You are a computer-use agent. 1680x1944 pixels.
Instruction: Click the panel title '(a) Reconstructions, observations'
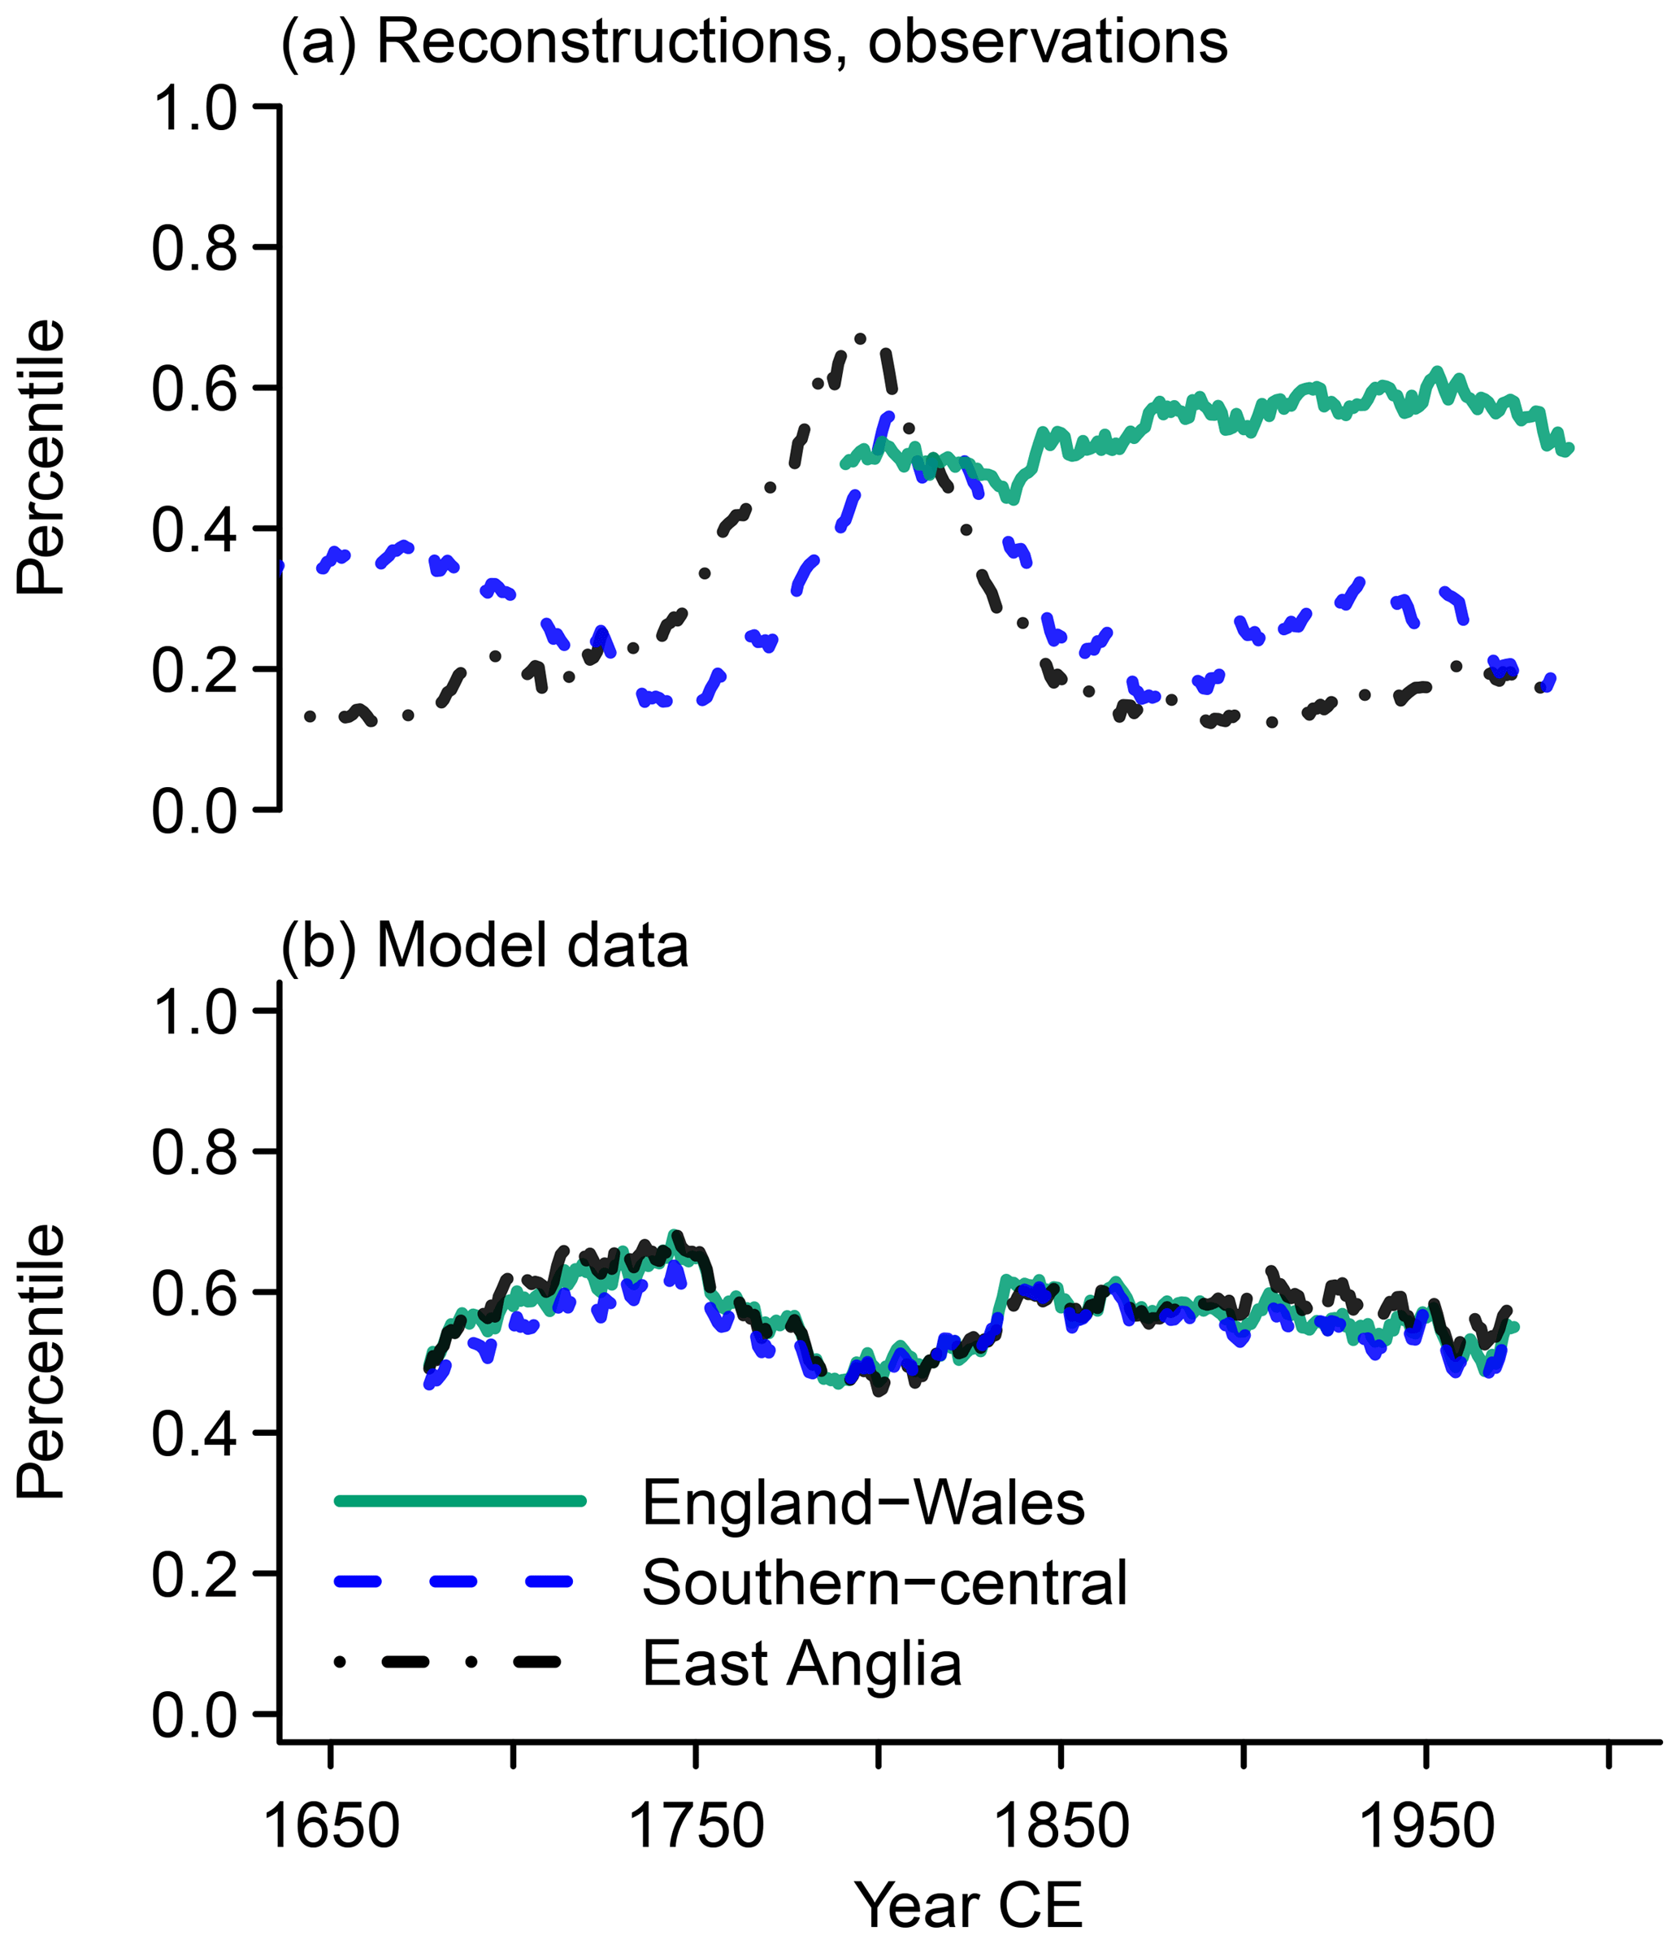[x=754, y=42]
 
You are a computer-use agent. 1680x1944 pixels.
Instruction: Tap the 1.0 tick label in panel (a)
[x=195, y=108]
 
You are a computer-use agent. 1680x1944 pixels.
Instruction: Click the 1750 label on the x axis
[x=696, y=1827]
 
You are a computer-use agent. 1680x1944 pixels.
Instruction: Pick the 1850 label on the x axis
[x=1061, y=1827]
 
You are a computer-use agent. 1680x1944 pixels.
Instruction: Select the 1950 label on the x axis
[x=1426, y=1827]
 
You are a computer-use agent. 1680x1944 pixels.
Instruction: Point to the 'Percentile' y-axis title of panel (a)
[x=42, y=457]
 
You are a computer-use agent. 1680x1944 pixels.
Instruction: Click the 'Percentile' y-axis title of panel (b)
[x=42, y=1363]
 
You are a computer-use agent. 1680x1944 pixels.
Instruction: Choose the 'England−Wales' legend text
[x=863, y=1502]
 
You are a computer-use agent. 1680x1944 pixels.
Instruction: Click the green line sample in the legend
[x=460, y=1501]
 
